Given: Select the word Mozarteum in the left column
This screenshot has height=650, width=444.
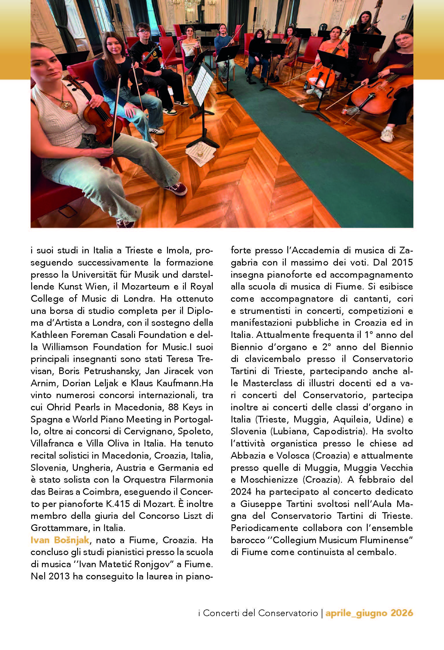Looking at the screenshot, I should (145, 287).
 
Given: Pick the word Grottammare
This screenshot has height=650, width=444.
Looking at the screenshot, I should (60, 528).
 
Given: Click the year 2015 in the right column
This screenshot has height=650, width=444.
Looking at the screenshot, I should (402, 263).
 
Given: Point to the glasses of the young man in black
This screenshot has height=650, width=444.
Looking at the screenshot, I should (143, 31).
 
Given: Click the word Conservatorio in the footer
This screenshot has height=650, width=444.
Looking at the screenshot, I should (288, 613).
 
